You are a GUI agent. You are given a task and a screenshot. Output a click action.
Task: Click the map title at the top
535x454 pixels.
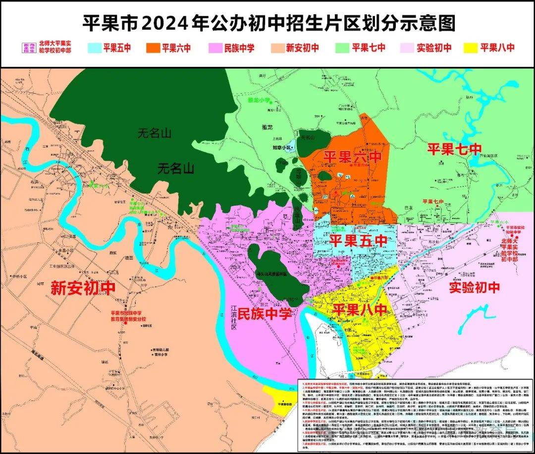(x=267, y=23)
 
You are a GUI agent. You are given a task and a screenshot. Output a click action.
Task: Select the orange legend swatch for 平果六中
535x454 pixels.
(x=153, y=48)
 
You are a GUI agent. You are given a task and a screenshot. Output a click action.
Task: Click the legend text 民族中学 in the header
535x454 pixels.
(x=239, y=48)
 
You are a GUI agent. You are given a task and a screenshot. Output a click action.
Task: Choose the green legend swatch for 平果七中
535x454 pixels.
(x=342, y=48)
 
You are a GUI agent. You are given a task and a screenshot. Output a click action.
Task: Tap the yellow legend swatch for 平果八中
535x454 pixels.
(x=470, y=48)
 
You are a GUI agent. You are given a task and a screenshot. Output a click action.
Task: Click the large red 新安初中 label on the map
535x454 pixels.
(x=83, y=288)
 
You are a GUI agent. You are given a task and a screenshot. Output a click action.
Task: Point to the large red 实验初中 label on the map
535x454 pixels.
(x=474, y=286)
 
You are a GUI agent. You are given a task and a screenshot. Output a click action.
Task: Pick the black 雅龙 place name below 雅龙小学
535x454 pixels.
(x=267, y=127)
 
